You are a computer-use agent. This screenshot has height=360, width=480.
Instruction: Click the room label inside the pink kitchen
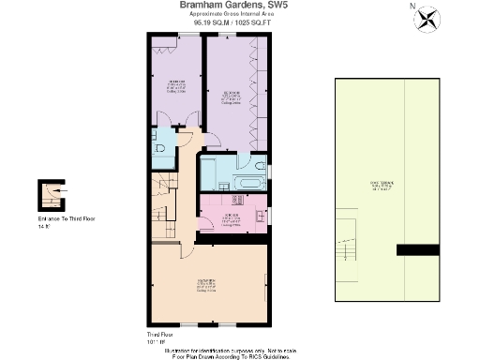coord(231,218)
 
